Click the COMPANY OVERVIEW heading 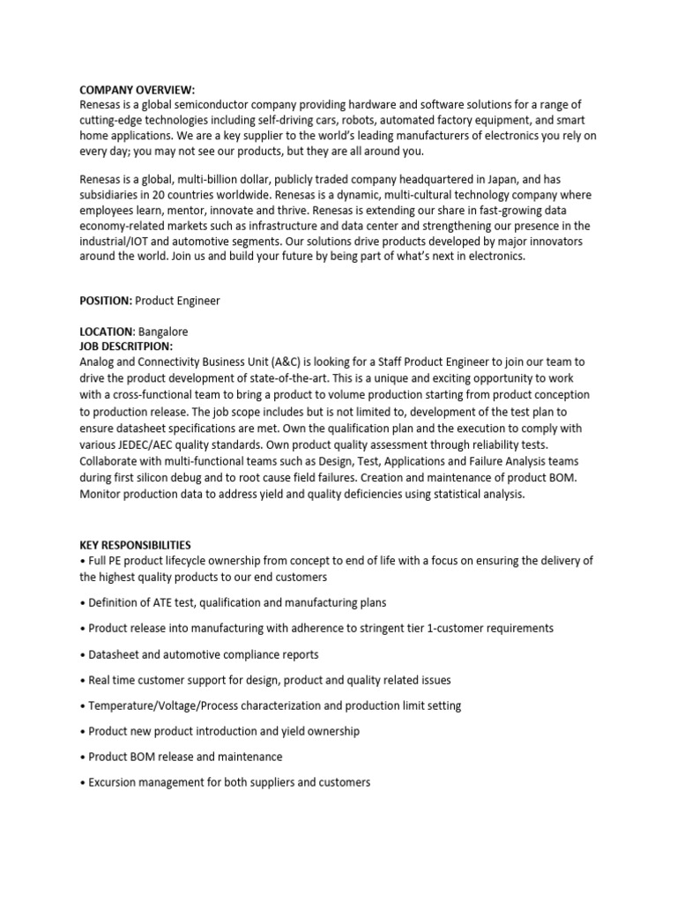coord(138,89)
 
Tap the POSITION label coord(106,301)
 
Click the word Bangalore coord(163,332)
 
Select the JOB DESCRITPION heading coord(126,346)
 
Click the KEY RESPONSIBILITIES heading coord(135,546)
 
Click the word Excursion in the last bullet coord(115,782)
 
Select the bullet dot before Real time coord(84,680)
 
